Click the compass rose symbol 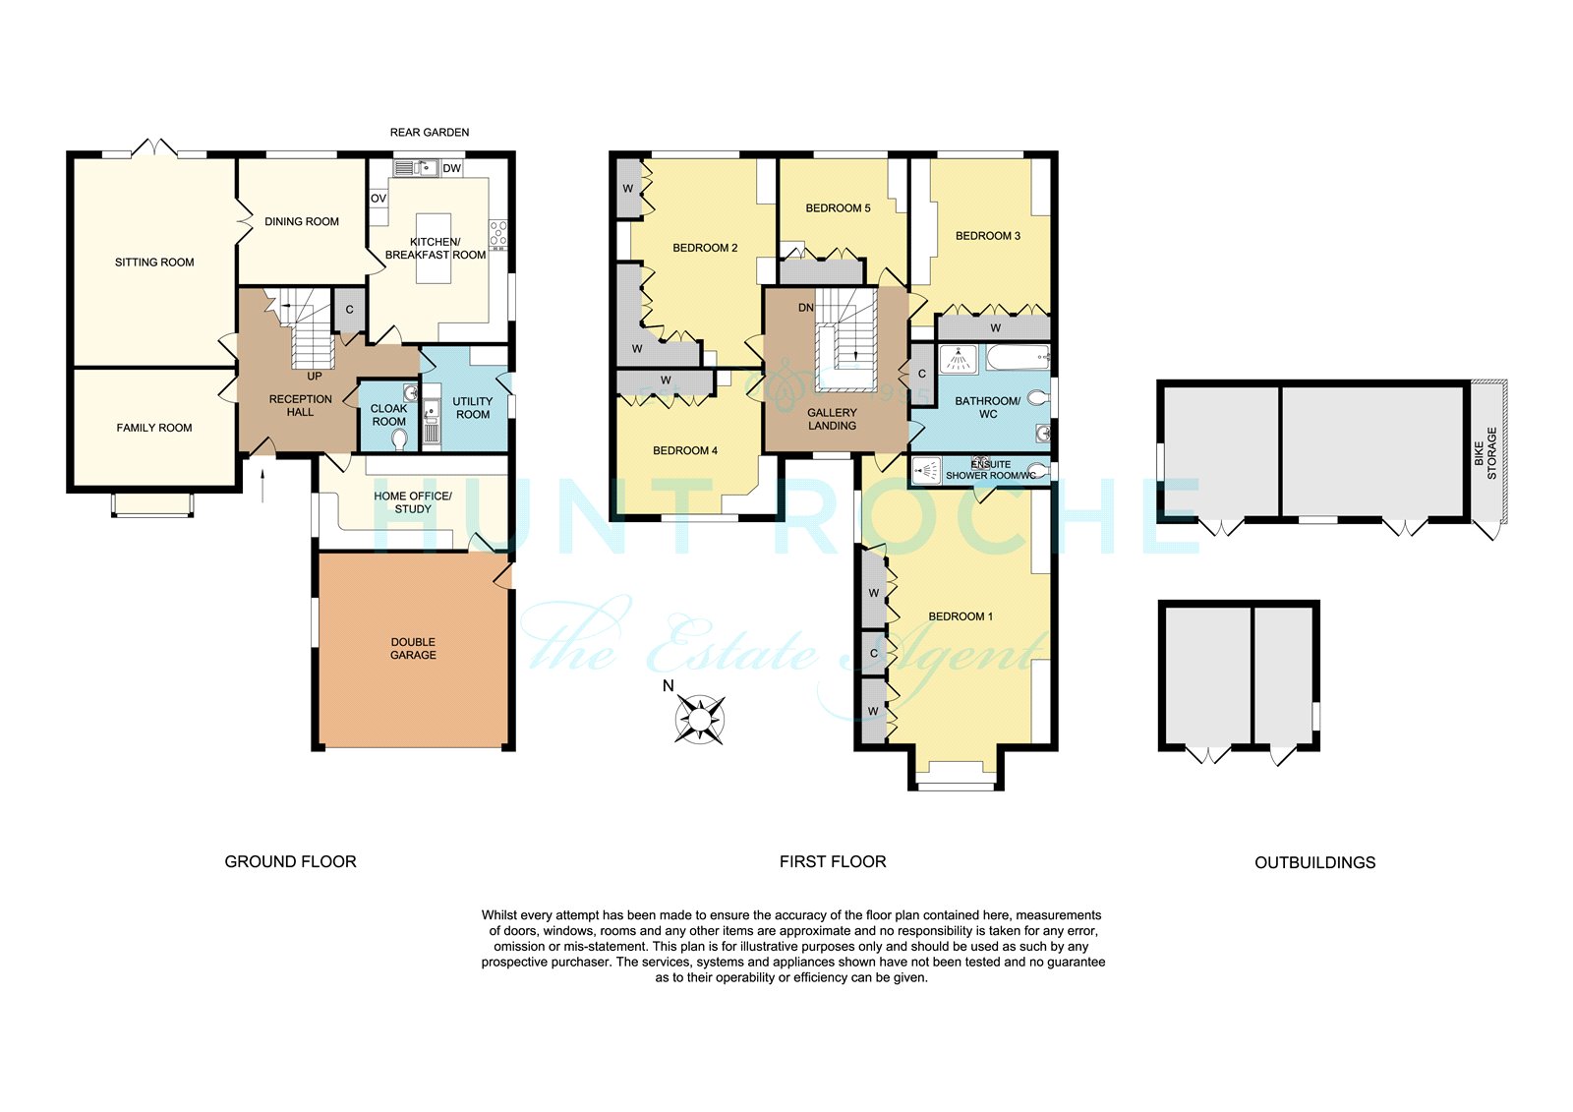point(699,720)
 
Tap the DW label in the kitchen point(451,168)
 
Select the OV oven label point(379,199)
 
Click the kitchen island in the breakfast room point(434,249)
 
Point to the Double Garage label point(413,648)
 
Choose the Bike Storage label point(1486,454)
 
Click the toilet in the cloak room point(399,439)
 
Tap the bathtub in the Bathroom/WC point(1018,358)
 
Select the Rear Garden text point(430,132)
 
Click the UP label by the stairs point(315,377)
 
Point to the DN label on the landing point(806,308)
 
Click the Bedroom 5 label point(838,207)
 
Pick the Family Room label point(153,428)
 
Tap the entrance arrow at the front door point(262,486)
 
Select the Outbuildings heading point(1314,862)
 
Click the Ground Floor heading point(290,862)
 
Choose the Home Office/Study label point(413,502)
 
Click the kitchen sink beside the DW point(417,168)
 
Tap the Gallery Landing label point(832,420)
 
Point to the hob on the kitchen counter point(497,235)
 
